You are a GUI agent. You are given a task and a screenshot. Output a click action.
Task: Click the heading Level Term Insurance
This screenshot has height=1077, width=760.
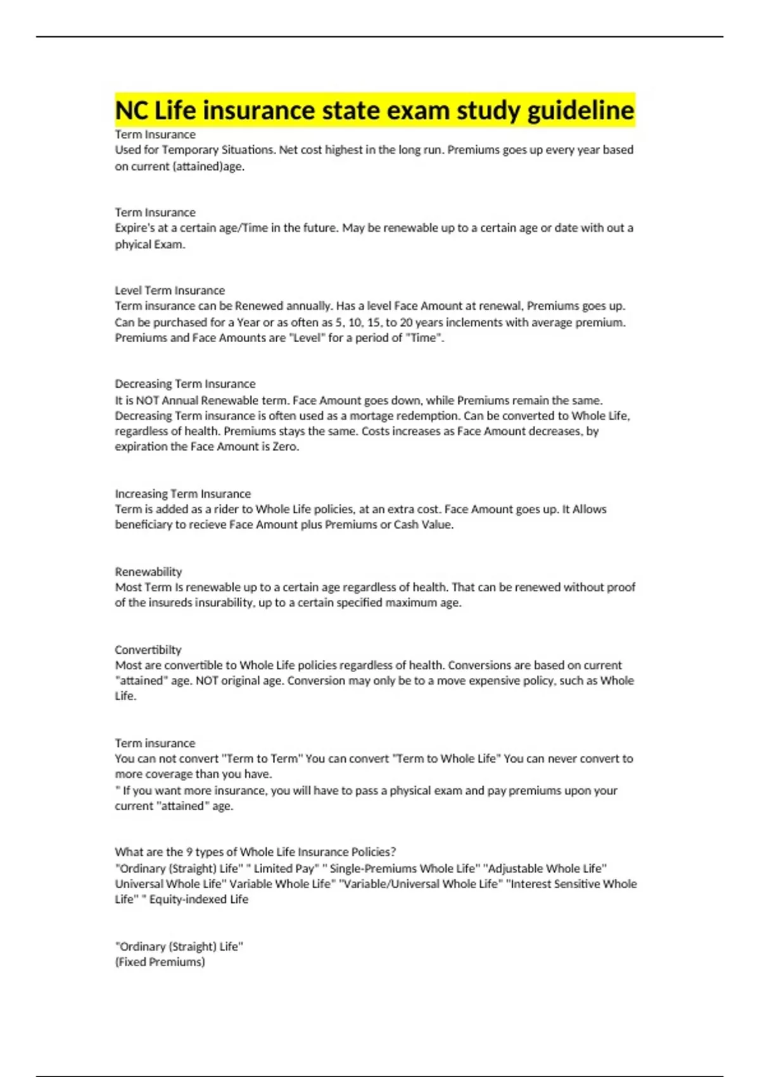170,290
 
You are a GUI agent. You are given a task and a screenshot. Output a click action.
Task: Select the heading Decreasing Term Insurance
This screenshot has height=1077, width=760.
185,384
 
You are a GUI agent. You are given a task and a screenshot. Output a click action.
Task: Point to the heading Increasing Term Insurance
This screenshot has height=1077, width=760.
182,494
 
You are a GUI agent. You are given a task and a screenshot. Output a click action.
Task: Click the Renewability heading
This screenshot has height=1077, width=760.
148,571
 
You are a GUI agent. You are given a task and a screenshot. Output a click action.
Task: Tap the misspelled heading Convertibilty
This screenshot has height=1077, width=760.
148,649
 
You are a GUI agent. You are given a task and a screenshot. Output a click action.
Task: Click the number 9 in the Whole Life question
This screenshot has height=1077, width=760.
189,852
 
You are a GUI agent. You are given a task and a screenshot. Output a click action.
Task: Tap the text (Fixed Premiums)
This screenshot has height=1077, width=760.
160,962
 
